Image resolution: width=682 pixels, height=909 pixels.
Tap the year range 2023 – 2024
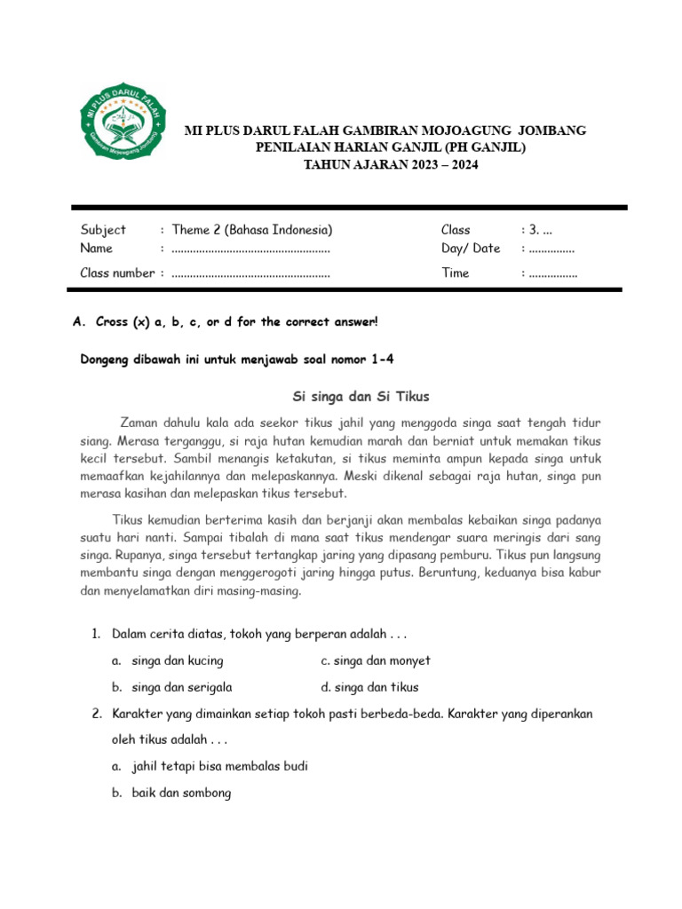[x=425, y=164]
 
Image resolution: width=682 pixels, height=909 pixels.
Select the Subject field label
[x=103, y=230]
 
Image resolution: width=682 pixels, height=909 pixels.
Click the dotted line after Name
[x=250, y=249]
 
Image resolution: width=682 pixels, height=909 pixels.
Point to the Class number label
[x=117, y=273]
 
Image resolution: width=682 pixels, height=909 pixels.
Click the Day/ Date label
[x=471, y=249]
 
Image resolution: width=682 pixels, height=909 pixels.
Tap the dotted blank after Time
[x=552, y=273]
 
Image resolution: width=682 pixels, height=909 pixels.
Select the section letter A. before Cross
[x=76, y=321]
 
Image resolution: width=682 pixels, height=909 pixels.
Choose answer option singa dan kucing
[x=177, y=660]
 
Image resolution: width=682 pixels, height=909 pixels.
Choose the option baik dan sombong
[x=181, y=793]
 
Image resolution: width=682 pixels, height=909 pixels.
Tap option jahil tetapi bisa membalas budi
[x=219, y=766]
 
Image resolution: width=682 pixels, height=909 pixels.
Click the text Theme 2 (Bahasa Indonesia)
[x=252, y=230]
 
